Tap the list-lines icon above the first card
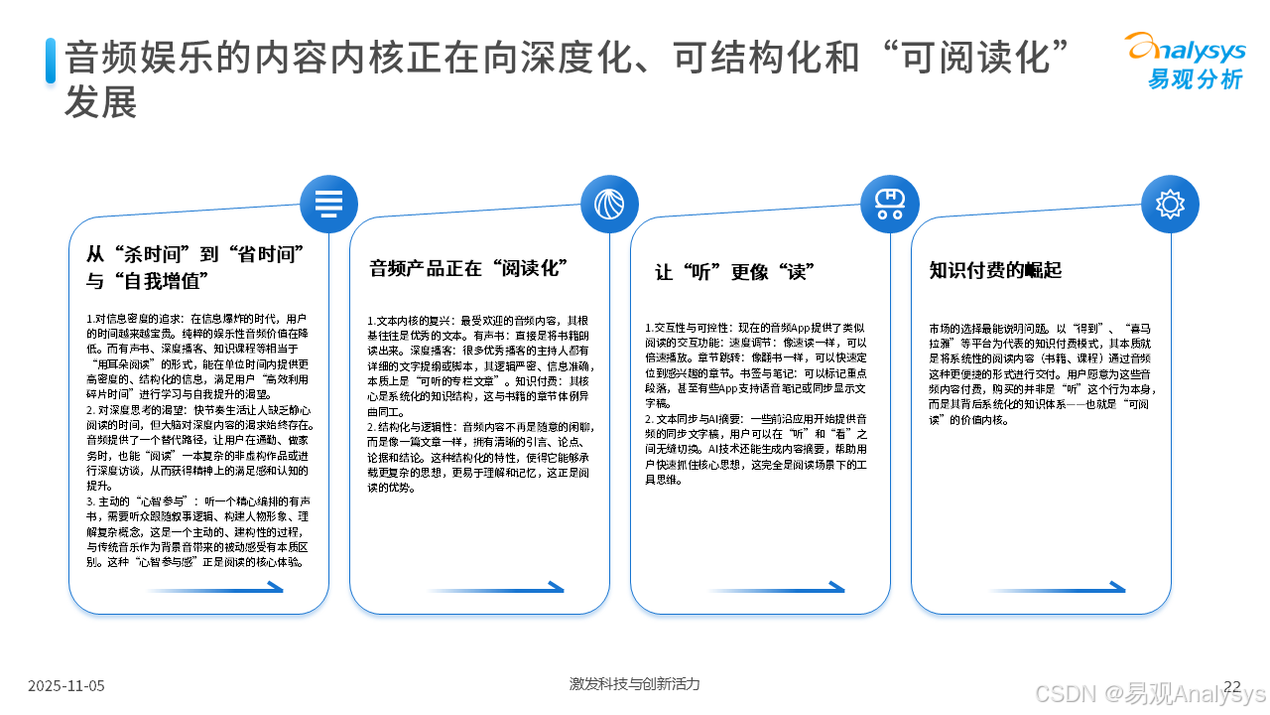[328, 204]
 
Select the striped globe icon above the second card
[609, 204]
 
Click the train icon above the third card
[889, 204]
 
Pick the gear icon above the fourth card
[1170, 204]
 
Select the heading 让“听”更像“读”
[735, 271]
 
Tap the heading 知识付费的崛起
[995, 270]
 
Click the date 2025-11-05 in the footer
[65, 685]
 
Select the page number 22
[1232, 685]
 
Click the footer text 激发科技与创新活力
[634, 684]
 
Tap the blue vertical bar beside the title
[50, 60]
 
